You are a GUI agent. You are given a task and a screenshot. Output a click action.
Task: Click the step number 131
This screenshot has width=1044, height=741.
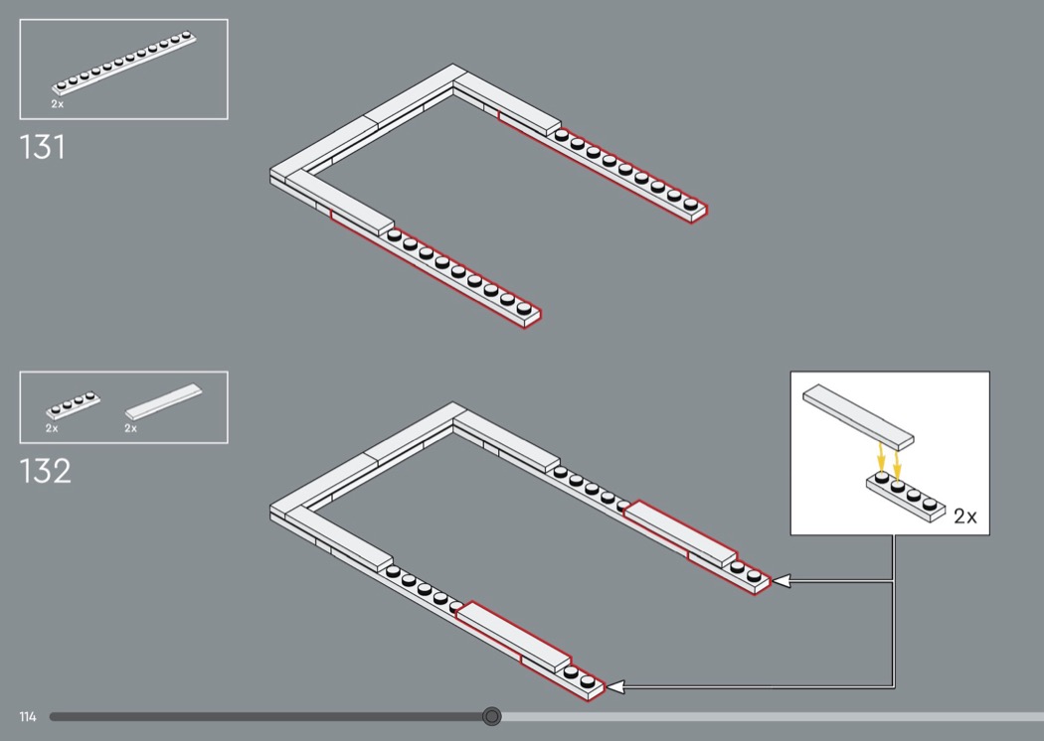click(x=43, y=147)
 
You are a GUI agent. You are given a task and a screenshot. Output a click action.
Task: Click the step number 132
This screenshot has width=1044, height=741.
click(x=46, y=471)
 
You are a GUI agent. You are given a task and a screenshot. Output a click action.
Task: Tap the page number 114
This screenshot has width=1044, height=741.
click(x=28, y=716)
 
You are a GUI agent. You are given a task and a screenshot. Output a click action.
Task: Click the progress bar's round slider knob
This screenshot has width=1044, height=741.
click(x=492, y=716)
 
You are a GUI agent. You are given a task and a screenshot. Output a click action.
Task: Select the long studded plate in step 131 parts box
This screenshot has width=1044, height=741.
click(x=124, y=64)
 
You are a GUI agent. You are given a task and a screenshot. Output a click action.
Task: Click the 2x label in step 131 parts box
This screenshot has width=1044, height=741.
click(x=58, y=104)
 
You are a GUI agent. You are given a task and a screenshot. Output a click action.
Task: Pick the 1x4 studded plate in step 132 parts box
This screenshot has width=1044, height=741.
click(x=74, y=405)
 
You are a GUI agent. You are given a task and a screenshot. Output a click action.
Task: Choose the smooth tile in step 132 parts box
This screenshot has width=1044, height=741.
click(x=163, y=401)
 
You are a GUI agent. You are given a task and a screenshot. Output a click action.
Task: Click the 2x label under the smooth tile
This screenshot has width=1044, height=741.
click(x=130, y=428)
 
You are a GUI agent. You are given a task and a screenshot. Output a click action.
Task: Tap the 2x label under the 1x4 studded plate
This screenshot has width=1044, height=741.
click(x=52, y=428)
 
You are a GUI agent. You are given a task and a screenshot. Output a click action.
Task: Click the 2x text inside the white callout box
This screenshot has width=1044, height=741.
click(x=965, y=517)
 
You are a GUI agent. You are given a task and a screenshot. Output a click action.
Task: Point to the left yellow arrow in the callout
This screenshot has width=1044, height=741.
click(x=881, y=458)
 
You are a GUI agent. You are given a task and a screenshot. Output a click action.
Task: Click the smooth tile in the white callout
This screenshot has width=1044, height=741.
click(x=858, y=416)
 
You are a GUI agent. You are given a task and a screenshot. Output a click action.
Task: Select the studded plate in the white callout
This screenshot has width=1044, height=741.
click(x=906, y=497)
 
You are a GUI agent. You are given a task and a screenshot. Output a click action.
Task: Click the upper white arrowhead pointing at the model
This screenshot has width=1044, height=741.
click(x=781, y=581)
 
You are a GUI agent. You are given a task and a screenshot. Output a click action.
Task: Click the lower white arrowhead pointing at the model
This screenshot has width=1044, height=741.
click(x=615, y=686)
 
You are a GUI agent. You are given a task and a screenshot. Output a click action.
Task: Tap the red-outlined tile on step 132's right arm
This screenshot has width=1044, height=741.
click(x=680, y=532)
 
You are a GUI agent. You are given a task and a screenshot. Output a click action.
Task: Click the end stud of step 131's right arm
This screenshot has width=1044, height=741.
click(x=690, y=205)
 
